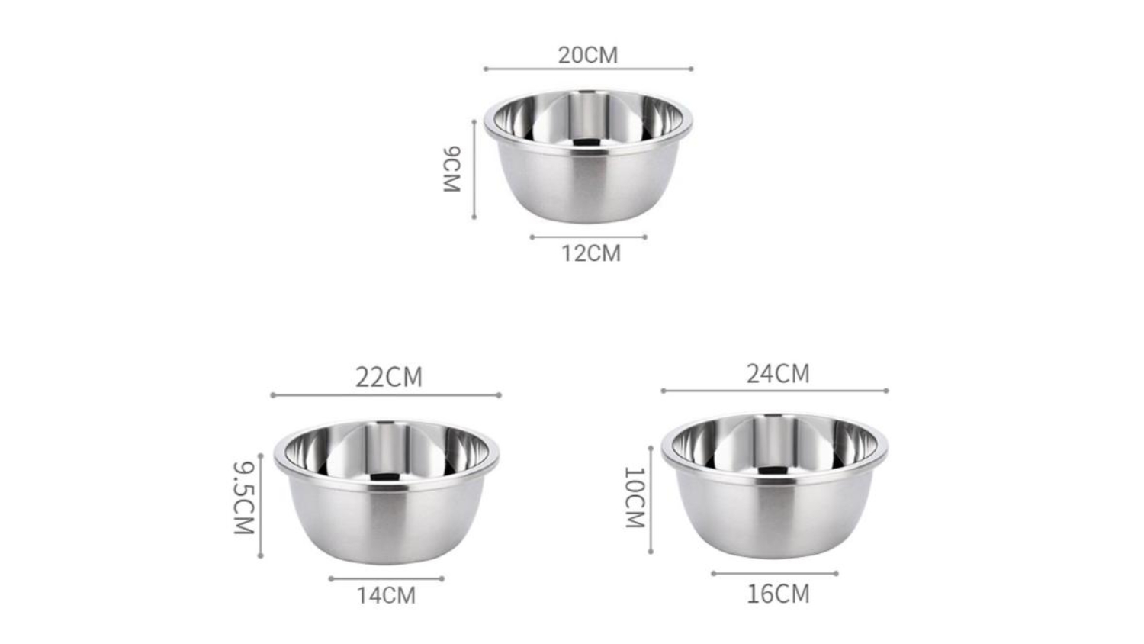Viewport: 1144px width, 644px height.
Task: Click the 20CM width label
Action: click(x=588, y=55)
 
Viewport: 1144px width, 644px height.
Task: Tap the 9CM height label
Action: click(x=452, y=169)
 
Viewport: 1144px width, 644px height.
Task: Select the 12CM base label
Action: click(x=591, y=253)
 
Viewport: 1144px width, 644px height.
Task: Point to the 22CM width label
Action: click(x=389, y=377)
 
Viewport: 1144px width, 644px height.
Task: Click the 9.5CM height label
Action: click(x=244, y=497)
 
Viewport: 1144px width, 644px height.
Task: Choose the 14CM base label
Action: click(x=386, y=596)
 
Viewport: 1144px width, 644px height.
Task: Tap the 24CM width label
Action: click(x=779, y=374)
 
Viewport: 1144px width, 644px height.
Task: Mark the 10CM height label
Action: click(x=635, y=497)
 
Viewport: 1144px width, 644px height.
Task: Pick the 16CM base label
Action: click(x=779, y=594)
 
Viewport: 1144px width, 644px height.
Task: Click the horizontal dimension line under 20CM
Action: click(x=588, y=69)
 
